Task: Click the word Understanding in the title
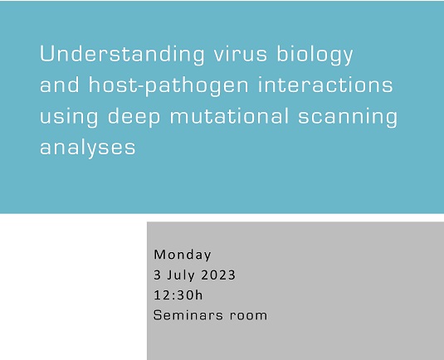click(120, 55)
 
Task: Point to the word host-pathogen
click(164, 87)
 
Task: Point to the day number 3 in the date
click(158, 275)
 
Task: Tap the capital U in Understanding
click(47, 55)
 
